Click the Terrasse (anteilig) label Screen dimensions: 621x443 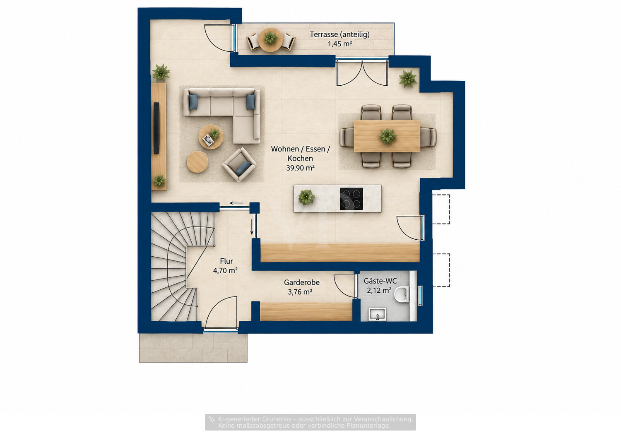[x=339, y=35]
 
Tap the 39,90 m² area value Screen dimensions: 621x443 [x=300, y=168]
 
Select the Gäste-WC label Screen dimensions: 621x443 [x=380, y=281]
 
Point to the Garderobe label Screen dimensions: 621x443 [x=302, y=282]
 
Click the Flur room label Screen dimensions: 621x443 [x=226, y=261]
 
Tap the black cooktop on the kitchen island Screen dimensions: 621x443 [x=351, y=199]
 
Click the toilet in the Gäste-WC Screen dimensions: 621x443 [x=402, y=294]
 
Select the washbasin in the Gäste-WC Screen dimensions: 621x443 [x=377, y=314]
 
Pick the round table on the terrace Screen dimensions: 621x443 [x=270, y=40]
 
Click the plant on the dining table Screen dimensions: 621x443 [x=388, y=136]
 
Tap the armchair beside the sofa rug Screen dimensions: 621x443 [x=239, y=164]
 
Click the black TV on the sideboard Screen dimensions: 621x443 [x=156, y=128]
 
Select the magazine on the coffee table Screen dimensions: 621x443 [x=209, y=140]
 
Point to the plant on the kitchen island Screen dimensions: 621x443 [x=306, y=197]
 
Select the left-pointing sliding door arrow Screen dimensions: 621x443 [x=236, y=203]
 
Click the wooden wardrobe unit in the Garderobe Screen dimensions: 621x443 [x=306, y=312]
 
